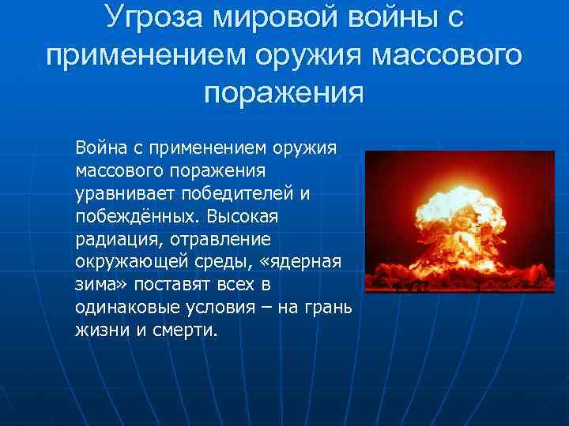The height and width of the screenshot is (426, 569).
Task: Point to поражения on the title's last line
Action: coord(284,94)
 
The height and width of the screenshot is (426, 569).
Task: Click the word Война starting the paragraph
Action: coord(100,147)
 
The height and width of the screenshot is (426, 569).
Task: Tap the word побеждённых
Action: coord(135,215)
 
